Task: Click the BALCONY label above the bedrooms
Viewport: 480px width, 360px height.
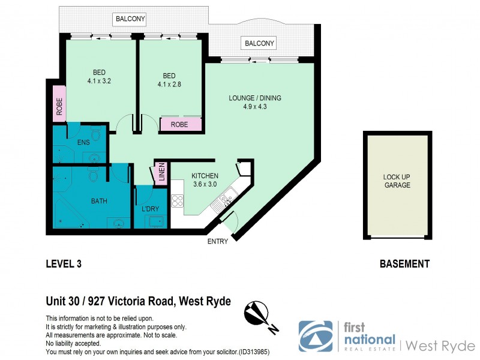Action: (x=130, y=20)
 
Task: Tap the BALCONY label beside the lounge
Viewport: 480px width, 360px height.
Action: (x=259, y=43)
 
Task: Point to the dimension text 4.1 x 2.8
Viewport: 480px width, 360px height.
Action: (x=169, y=85)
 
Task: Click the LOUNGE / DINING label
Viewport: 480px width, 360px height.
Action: (x=255, y=98)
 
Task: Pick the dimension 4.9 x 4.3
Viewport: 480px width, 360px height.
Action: (x=255, y=107)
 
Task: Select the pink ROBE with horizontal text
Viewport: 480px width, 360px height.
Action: (x=180, y=125)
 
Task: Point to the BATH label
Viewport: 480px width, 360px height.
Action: (x=99, y=201)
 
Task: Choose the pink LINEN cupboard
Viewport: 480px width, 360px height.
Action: (x=161, y=172)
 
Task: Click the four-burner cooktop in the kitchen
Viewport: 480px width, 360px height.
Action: (x=178, y=200)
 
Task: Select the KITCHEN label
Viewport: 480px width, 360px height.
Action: (x=201, y=176)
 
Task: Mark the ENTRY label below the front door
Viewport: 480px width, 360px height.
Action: (x=217, y=241)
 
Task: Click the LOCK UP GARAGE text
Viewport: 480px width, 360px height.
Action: (x=397, y=181)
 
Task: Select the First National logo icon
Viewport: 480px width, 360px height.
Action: (x=316, y=335)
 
